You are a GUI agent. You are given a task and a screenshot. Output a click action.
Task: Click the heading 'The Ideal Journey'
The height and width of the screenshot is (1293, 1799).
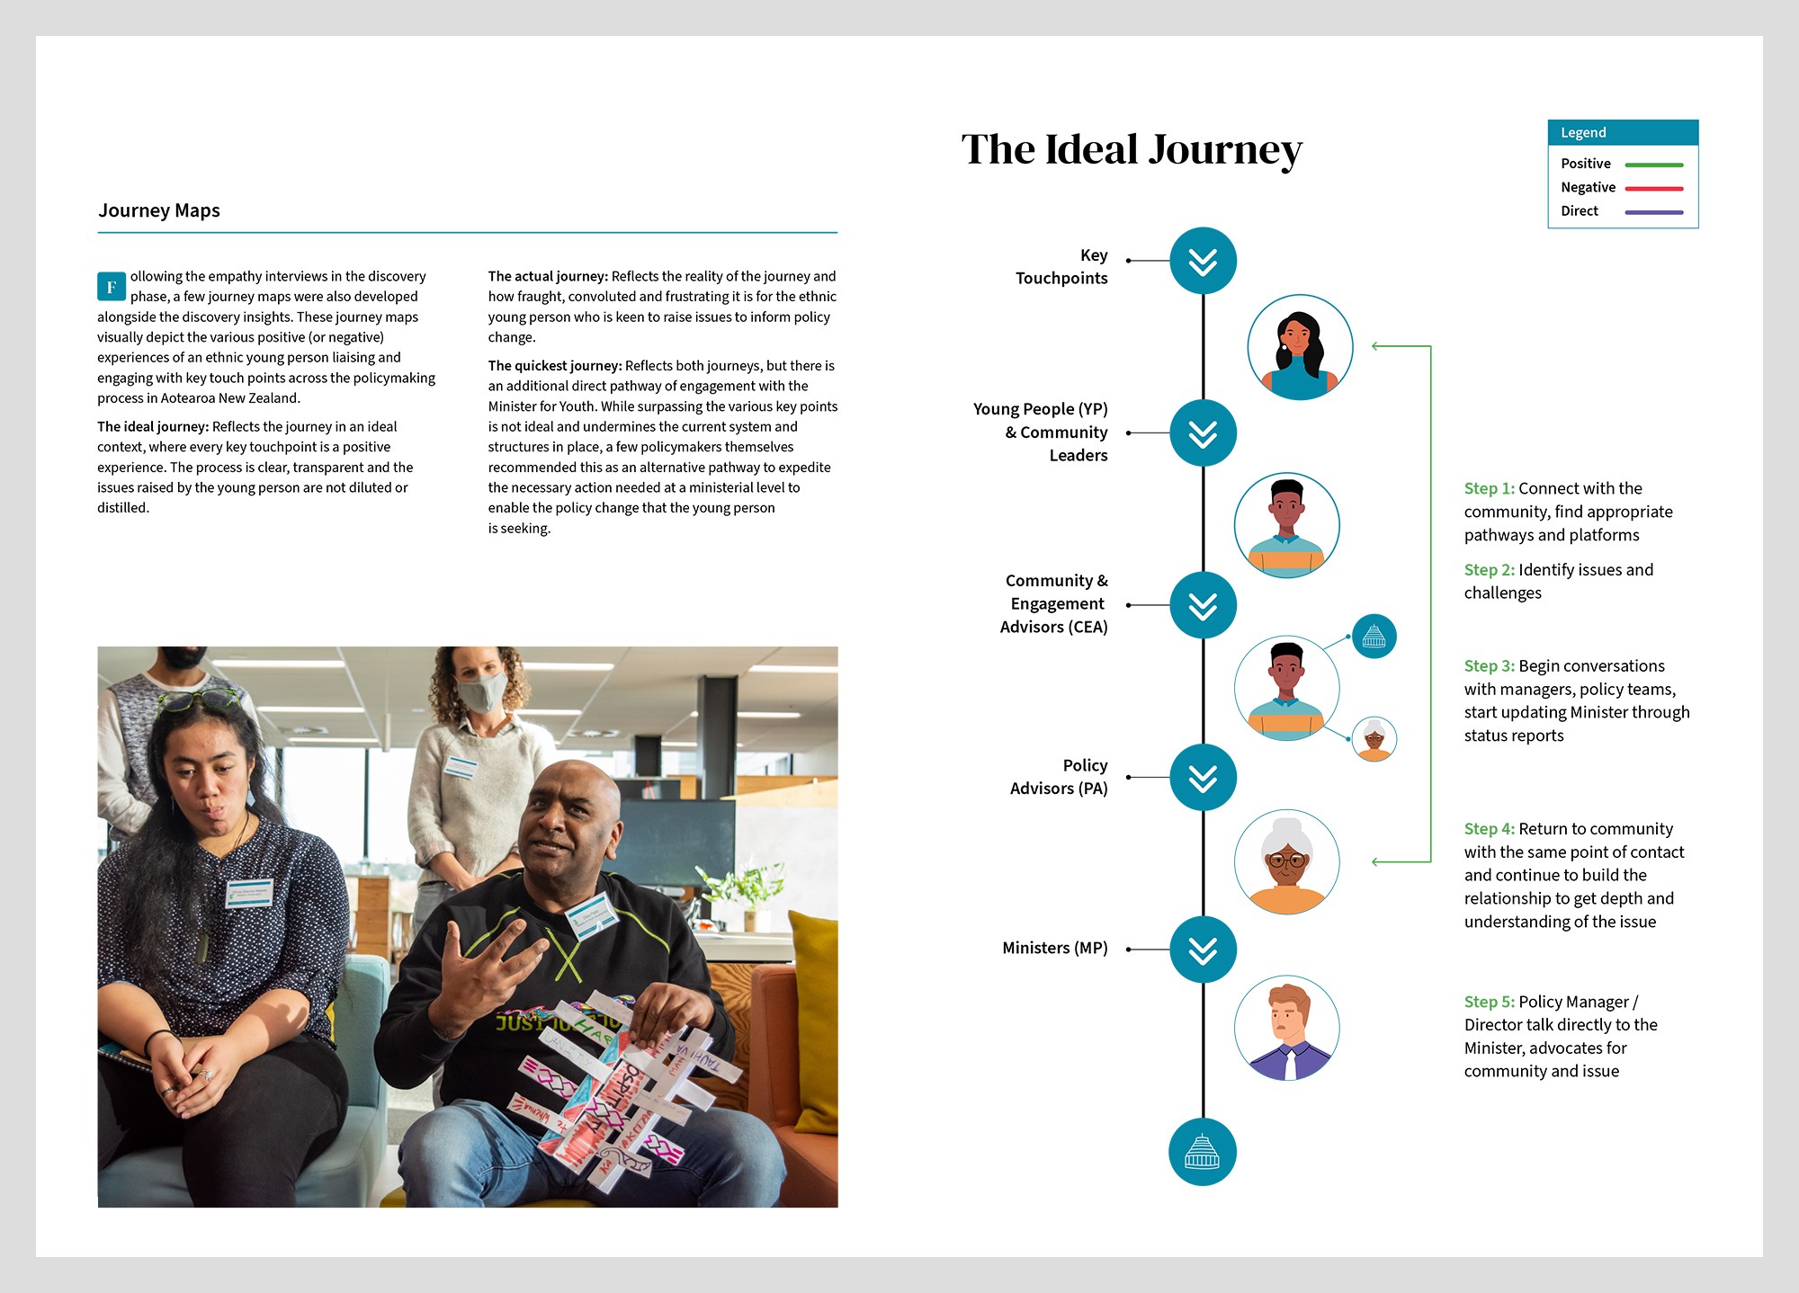tap(1131, 150)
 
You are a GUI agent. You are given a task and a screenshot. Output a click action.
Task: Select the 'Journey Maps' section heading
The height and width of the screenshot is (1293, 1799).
tap(159, 210)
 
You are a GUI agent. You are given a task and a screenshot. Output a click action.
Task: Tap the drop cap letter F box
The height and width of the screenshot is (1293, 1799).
tap(111, 286)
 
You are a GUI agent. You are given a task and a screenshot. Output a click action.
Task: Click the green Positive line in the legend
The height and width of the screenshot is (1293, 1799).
tap(1653, 165)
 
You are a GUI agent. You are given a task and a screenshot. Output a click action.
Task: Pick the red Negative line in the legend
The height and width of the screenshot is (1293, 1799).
tap(1653, 188)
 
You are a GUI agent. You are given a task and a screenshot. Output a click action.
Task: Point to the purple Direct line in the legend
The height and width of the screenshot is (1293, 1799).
tap(1653, 212)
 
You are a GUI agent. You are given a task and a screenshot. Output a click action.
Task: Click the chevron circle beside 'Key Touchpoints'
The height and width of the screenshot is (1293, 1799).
tap(1203, 261)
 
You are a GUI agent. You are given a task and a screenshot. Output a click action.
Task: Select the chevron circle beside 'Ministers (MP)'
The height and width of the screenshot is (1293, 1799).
tap(1203, 950)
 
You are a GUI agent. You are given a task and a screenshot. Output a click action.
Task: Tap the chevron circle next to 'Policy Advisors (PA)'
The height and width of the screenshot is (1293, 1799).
tap(1203, 777)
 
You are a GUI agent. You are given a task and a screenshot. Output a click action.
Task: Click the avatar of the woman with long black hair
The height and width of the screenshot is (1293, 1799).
tap(1300, 347)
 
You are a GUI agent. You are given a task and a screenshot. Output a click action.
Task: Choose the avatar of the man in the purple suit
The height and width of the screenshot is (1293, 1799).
tap(1286, 1028)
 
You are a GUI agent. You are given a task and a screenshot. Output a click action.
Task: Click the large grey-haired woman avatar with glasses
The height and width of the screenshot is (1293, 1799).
tap(1286, 861)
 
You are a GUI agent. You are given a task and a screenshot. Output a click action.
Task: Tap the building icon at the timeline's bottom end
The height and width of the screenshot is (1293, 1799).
tap(1202, 1152)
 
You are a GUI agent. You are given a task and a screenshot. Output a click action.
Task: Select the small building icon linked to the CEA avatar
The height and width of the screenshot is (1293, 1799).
tap(1374, 637)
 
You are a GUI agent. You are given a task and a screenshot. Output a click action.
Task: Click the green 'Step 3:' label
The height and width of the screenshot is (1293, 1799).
tap(1489, 666)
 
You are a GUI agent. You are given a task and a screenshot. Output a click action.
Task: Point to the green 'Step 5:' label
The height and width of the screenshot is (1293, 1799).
tap(1489, 1002)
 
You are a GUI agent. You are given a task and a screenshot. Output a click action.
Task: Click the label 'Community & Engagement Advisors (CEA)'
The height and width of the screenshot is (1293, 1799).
tap(1055, 604)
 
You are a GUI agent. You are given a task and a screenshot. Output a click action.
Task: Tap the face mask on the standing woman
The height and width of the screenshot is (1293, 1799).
tap(481, 693)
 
